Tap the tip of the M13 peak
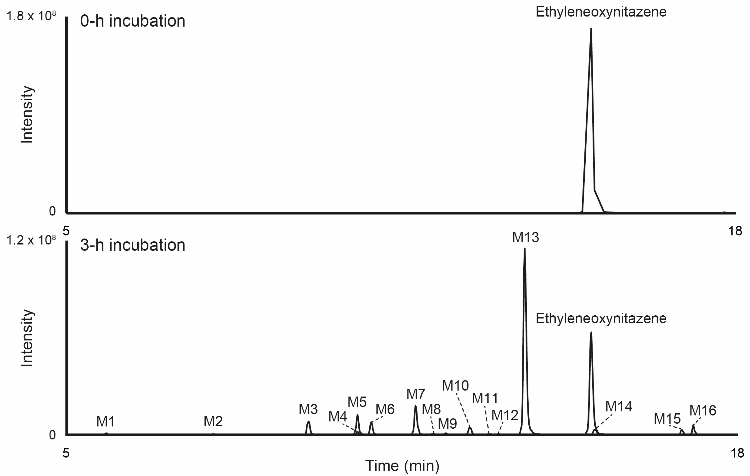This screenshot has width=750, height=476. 525,249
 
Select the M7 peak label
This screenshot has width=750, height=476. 416,394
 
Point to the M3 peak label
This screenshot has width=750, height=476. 308,409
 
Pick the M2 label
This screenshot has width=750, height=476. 213,421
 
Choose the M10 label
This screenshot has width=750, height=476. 455,386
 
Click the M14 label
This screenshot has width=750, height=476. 619,406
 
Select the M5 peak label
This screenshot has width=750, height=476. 357,402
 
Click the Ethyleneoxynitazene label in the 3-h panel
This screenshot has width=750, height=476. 601,318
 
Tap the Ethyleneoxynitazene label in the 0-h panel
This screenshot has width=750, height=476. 601,12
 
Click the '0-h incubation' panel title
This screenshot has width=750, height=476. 133,21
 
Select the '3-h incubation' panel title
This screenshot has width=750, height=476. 133,245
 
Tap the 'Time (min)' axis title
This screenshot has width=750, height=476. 402,466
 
